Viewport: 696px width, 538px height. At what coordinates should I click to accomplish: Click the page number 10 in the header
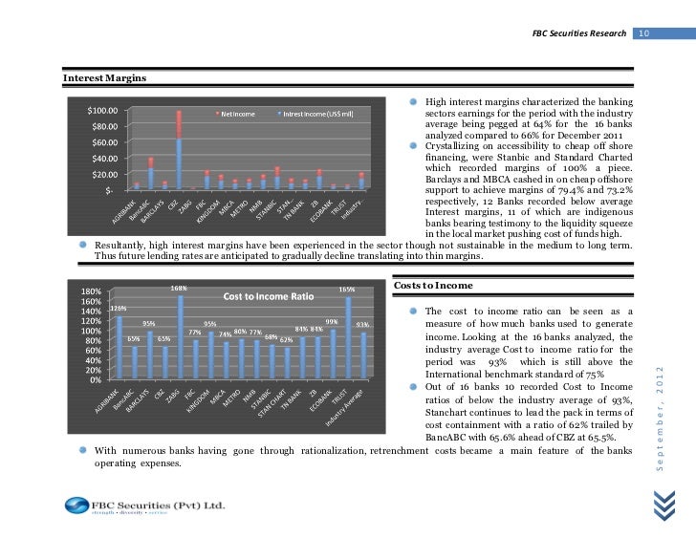click(644, 34)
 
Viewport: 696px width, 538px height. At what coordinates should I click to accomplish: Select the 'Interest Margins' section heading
click(104, 76)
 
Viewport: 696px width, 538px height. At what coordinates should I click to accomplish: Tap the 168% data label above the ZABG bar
click(179, 288)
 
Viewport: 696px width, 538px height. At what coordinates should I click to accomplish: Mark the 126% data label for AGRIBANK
click(119, 308)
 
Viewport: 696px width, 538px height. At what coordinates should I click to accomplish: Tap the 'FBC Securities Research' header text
click(578, 34)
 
